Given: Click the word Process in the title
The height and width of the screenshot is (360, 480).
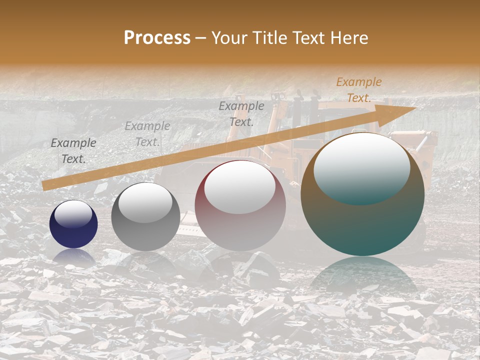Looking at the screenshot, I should [157, 38].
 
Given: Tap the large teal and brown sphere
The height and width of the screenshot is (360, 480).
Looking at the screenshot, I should [362, 220].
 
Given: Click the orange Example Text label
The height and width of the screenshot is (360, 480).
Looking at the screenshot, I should [358, 90].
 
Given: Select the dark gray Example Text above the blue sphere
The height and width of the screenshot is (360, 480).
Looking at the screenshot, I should [73, 151].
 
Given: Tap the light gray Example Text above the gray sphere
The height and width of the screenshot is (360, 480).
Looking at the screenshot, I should [147, 134].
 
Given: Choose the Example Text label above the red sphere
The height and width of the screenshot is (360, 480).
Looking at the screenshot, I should [241, 113].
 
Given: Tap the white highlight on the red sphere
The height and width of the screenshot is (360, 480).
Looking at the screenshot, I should [240, 187].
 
